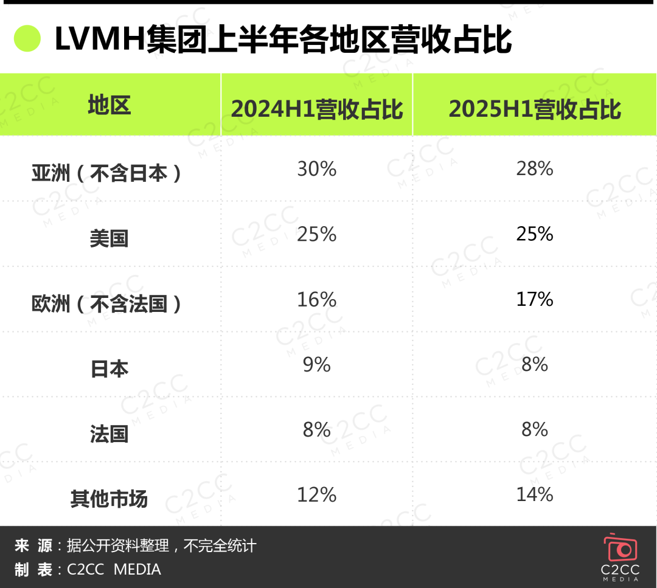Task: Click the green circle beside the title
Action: [x=27, y=39]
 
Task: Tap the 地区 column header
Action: [x=109, y=105]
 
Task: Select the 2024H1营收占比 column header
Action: [x=317, y=109]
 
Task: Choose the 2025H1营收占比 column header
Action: [x=535, y=109]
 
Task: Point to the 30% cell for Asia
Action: [x=316, y=169]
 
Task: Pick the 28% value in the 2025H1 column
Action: [x=535, y=169]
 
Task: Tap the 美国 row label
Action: [x=109, y=238]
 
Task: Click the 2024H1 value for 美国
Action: [x=316, y=234]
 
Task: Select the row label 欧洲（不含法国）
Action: [x=107, y=303]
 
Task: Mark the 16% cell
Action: [x=316, y=299]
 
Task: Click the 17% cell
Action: [x=535, y=299]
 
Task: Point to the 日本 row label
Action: [x=109, y=368]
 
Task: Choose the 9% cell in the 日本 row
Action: [x=316, y=364]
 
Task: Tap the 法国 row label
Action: [x=109, y=434]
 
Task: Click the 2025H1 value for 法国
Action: [x=535, y=429]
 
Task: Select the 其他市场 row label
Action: [x=109, y=499]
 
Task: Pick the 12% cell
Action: [x=316, y=495]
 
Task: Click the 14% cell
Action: [x=535, y=495]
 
